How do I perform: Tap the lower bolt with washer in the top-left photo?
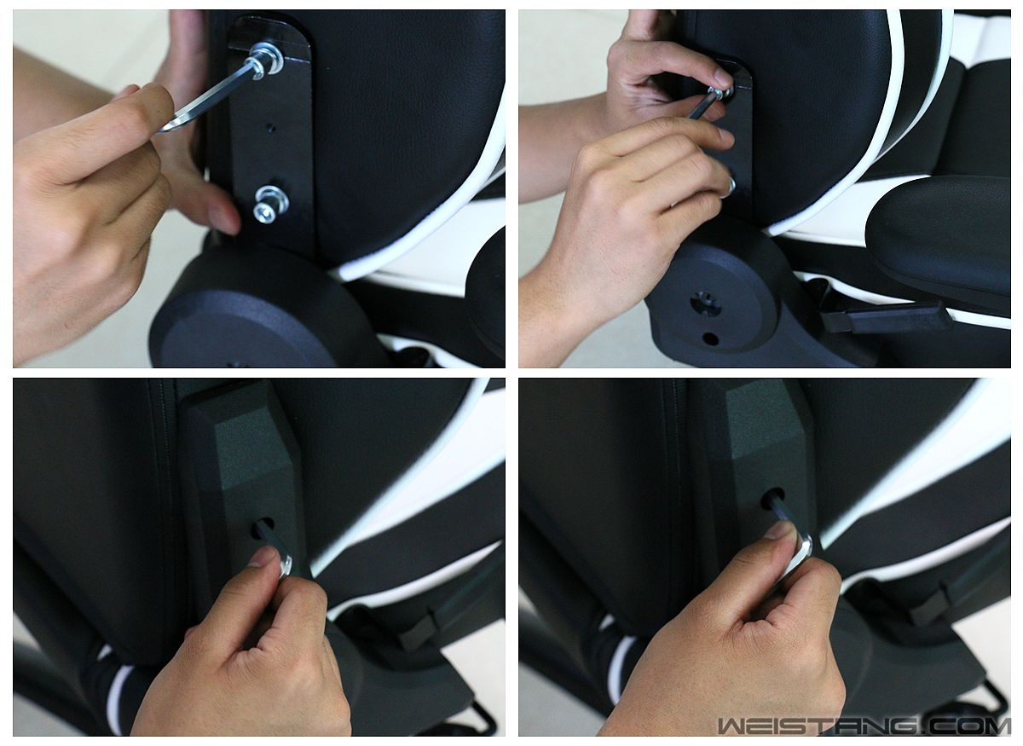click(x=271, y=205)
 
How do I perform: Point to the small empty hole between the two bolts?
click(x=271, y=127)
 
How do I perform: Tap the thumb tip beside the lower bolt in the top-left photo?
click(x=225, y=219)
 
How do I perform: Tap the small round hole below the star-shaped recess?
click(x=710, y=339)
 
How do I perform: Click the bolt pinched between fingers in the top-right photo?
click(x=720, y=93)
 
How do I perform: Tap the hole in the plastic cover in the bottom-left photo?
click(x=263, y=528)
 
